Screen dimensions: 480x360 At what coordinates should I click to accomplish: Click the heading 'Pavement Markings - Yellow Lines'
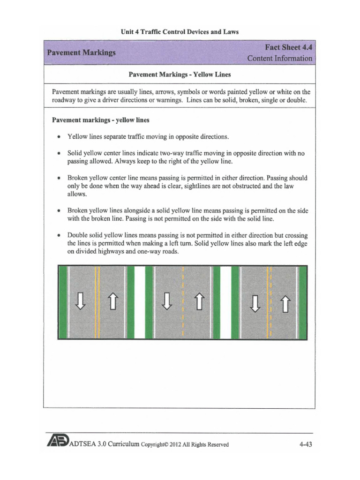click(x=180, y=75)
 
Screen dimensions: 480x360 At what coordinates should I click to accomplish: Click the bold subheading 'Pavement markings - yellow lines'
click(x=100, y=120)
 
